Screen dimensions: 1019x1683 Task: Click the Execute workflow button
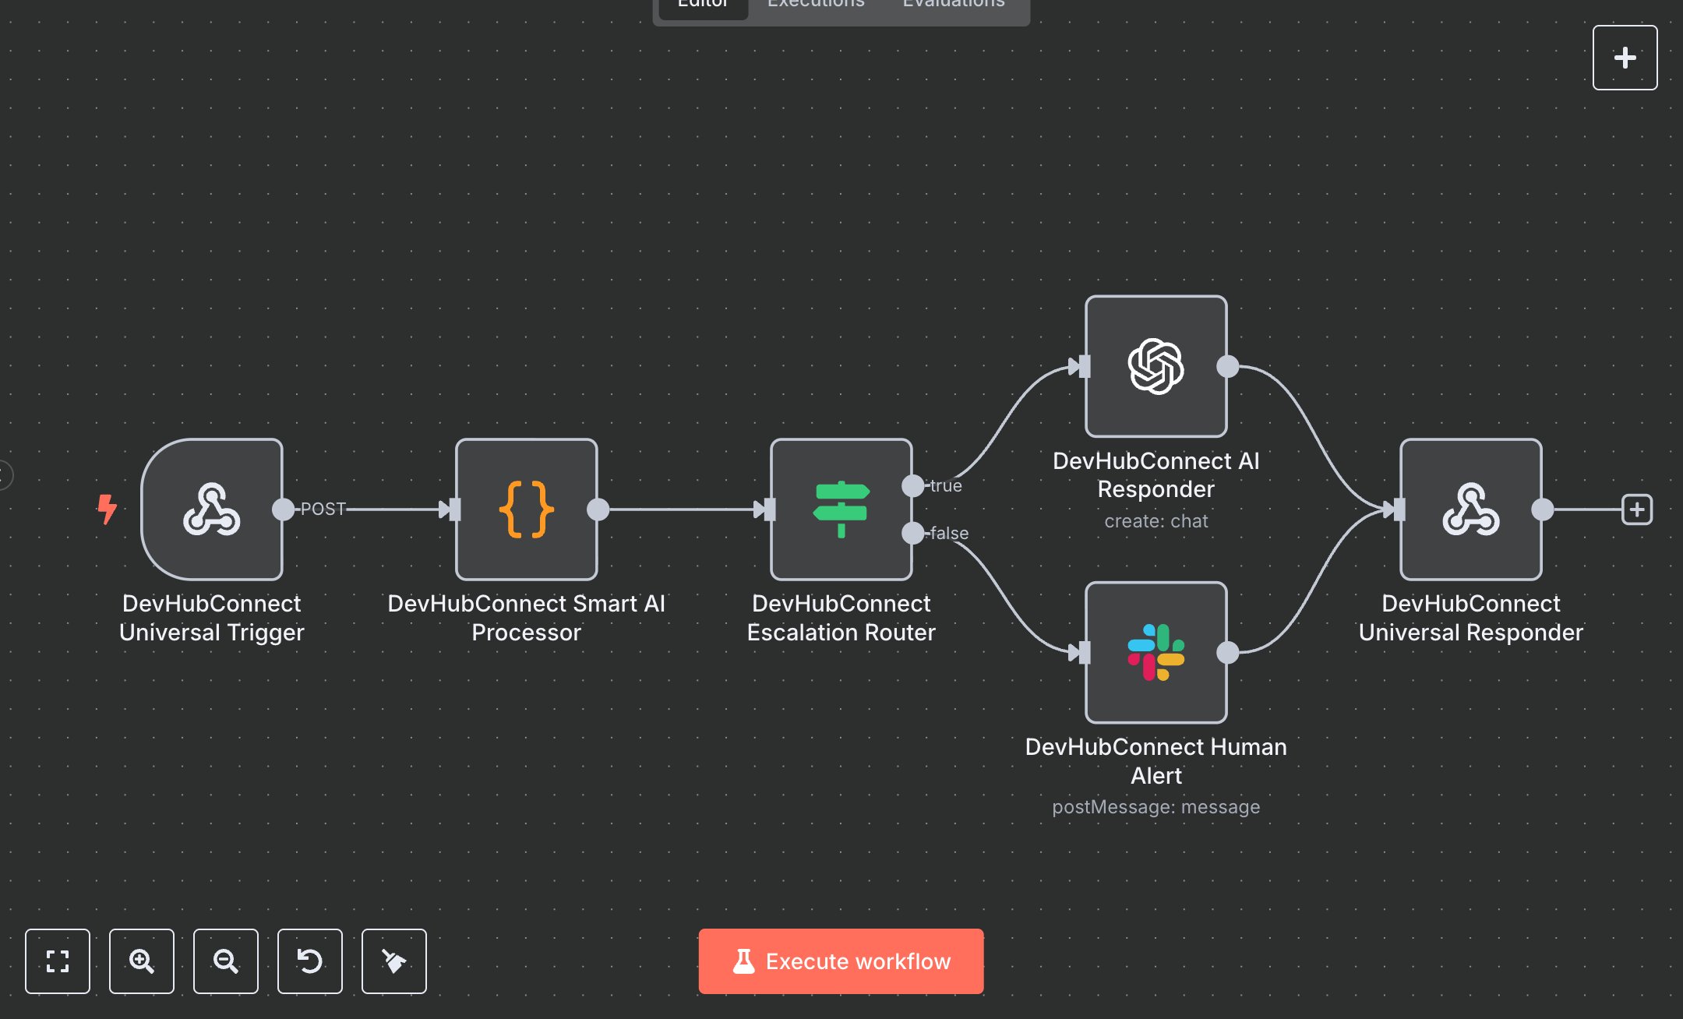click(841, 961)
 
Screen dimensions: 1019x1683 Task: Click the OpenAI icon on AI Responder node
click(1156, 366)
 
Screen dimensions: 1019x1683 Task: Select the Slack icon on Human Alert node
click(1156, 653)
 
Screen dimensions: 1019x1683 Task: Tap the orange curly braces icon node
click(526, 509)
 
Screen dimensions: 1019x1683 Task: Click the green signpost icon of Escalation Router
click(841, 509)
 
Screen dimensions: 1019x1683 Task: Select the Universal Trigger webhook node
click(211, 509)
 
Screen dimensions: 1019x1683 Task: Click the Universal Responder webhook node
click(1470, 509)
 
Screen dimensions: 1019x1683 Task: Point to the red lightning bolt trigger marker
click(107, 509)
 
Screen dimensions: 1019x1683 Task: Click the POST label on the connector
click(323, 509)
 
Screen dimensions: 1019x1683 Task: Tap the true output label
click(946, 485)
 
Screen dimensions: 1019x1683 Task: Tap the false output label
click(949, 533)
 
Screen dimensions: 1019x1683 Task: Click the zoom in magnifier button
click(141, 961)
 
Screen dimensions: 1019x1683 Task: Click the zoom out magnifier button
click(225, 961)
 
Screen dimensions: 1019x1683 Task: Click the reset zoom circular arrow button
click(309, 961)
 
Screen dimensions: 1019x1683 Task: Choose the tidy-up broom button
click(393, 961)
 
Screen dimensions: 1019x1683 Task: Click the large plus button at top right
click(1625, 58)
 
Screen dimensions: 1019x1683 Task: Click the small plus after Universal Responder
click(1636, 509)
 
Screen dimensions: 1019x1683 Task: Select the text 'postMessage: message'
click(1156, 806)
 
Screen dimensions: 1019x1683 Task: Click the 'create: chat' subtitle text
click(1156, 520)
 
